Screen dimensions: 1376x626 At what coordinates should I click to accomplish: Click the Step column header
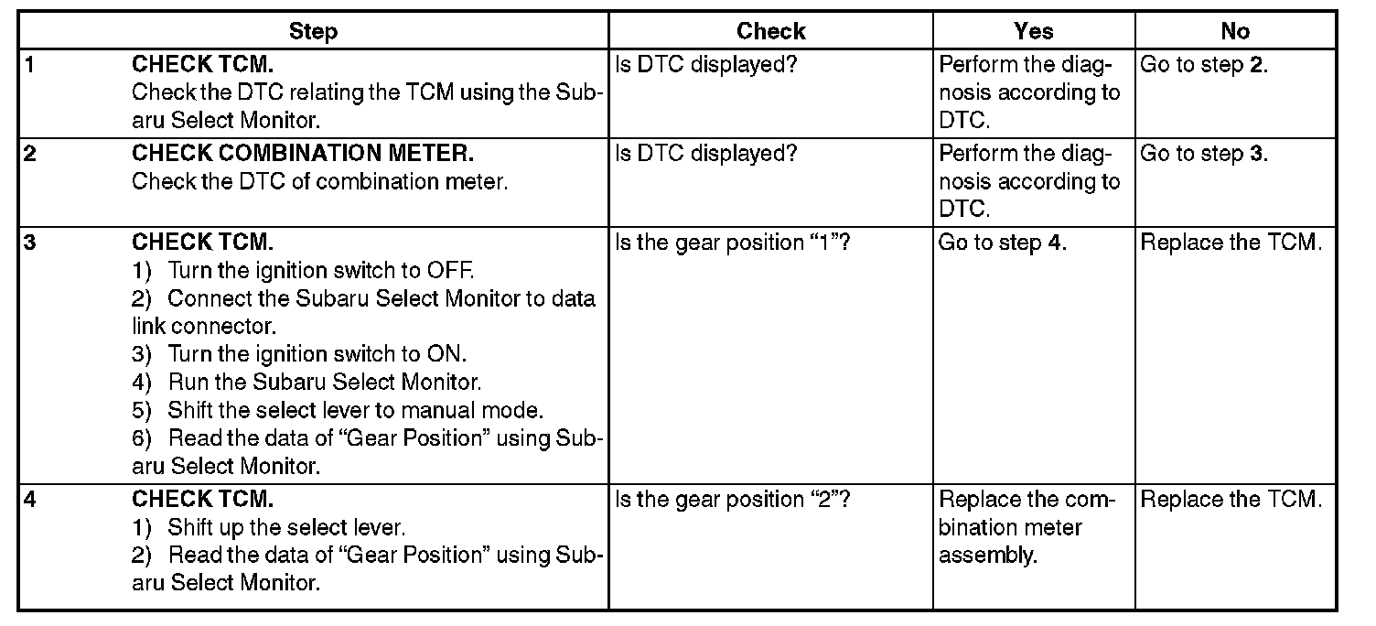pyautogui.click(x=313, y=32)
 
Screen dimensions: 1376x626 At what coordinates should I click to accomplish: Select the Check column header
pyautogui.click(x=770, y=32)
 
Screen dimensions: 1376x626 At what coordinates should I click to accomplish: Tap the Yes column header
pyautogui.click(x=1034, y=32)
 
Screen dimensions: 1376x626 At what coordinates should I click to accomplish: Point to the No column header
pyautogui.click(x=1234, y=32)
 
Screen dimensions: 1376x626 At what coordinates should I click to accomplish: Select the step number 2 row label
pyautogui.click(x=29, y=153)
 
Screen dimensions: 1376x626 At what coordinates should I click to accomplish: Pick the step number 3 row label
pyautogui.click(x=29, y=243)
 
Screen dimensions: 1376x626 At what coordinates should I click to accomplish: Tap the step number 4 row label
pyautogui.click(x=29, y=500)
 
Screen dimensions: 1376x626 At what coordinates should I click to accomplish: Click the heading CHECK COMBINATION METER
pyautogui.click(x=303, y=153)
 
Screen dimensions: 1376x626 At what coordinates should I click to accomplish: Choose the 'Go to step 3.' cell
pyautogui.click(x=1204, y=153)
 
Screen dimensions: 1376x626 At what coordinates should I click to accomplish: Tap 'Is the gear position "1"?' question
pyautogui.click(x=734, y=243)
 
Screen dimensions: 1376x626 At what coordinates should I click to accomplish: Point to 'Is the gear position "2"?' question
pyautogui.click(x=734, y=500)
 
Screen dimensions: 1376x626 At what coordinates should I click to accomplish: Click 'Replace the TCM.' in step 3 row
pyautogui.click(x=1231, y=243)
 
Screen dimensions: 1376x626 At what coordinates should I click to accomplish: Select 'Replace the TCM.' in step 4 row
pyautogui.click(x=1231, y=500)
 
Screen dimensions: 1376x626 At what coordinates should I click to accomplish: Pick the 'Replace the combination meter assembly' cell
pyautogui.click(x=1027, y=527)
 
